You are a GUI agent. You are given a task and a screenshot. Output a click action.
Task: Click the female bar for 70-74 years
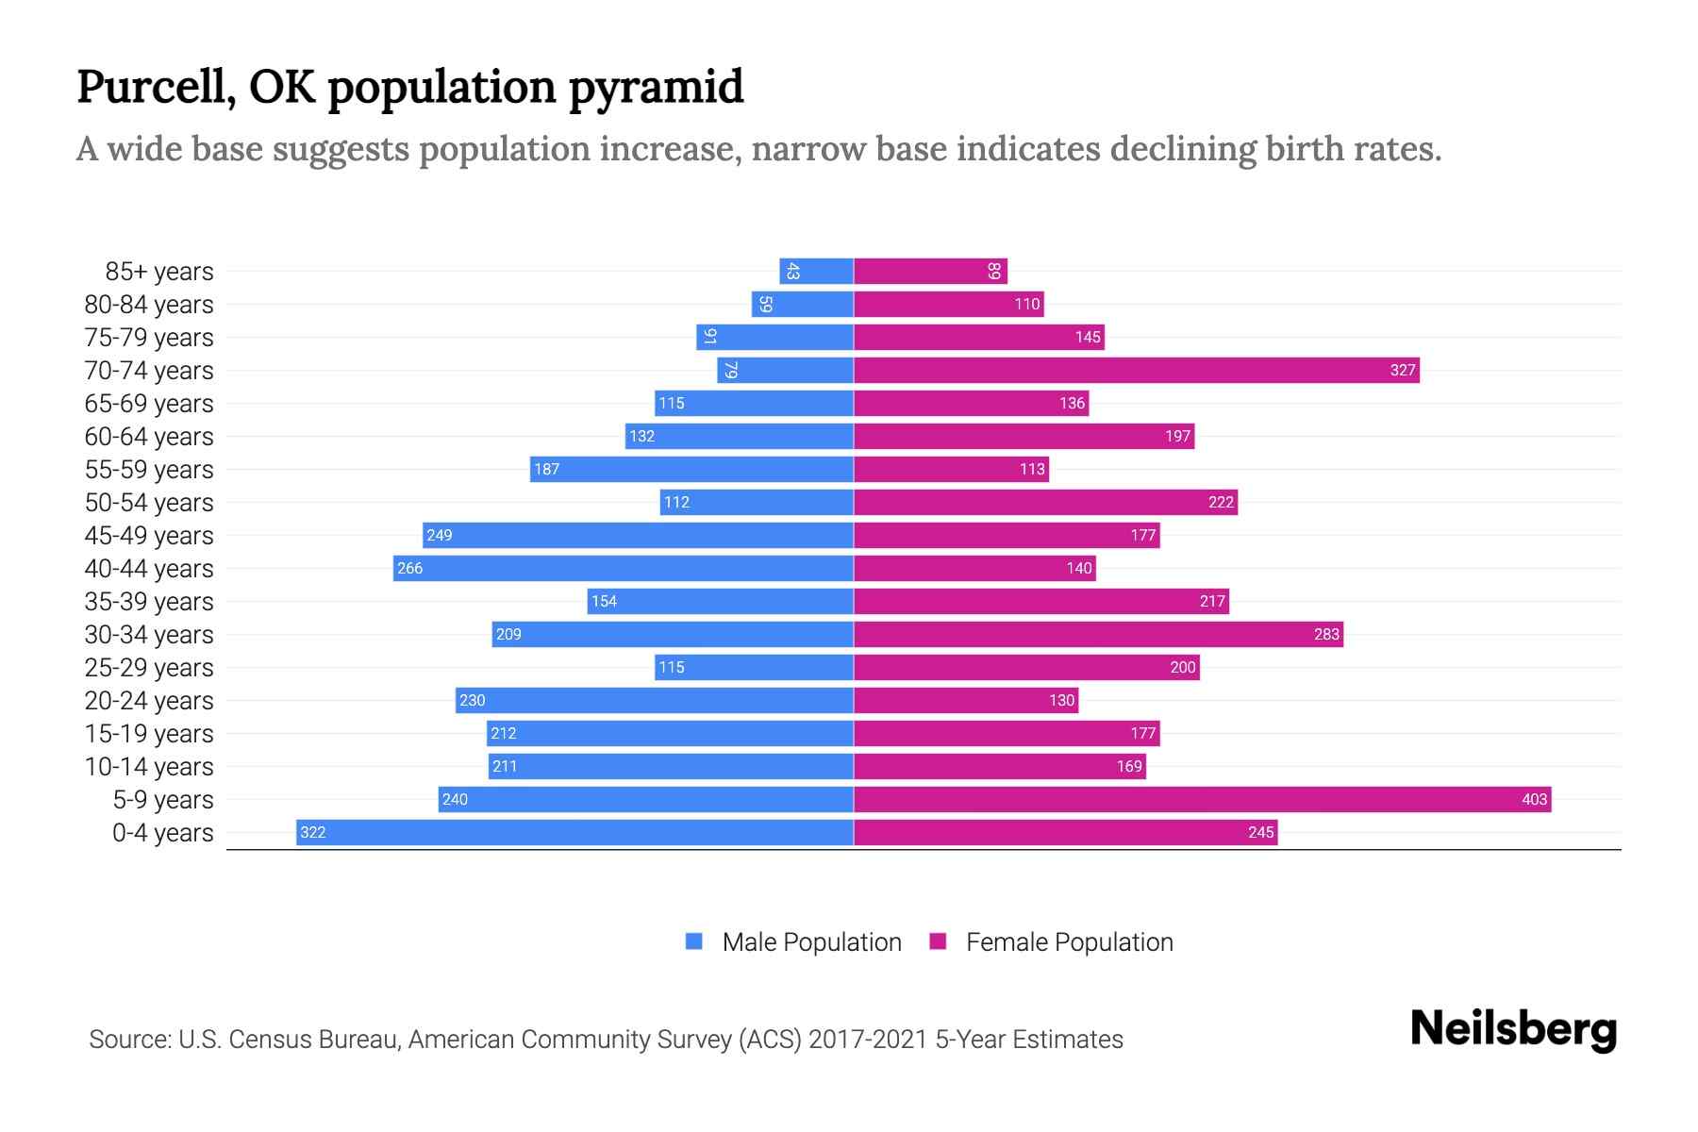pyautogui.click(x=1136, y=370)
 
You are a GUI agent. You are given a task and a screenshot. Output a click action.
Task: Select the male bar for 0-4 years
pyautogui.click(x=575, y=832)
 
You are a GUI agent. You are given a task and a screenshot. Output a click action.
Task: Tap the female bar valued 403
pyautogui.click(x=1202, y=799)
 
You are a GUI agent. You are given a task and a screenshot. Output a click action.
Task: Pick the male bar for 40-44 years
pyautogui.click(x=624, y=568)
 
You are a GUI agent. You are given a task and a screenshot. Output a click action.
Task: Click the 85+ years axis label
pyautogui.click(x=158, y=272)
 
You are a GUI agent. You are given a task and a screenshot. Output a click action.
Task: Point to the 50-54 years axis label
pyautogui.click(x=149, y=503)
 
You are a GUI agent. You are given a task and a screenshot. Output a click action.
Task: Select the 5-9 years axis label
pyautogui.click(x=162, y=800)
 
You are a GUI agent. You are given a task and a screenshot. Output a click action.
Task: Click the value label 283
pyautogui.click(x=1326, y=634)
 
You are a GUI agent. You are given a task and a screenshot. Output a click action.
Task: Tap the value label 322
pyautogui.click(x=312, y=832)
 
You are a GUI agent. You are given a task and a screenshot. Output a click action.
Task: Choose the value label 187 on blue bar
pyautogui.click(x=546, y=469)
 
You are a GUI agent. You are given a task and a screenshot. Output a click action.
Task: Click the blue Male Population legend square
pyautogui.click(x=694, y=941)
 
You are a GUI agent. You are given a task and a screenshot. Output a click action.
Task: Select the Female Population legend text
pyautogui.click(x=1069, y=942)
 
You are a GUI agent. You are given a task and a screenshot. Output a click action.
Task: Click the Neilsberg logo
pyautogui.click(x=1513, y=1029)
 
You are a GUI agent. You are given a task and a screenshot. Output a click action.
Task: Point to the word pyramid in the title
pyautogui.click(x=656, y=88)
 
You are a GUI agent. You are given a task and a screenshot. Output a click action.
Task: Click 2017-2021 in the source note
pyautogui.click(x=868, y=1040)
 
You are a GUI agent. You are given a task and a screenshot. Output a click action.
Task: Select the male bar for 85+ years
pyautogui.click(x=816, y=271)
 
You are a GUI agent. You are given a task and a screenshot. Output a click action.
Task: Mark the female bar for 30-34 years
pyautogui.click(x=1098, y=634)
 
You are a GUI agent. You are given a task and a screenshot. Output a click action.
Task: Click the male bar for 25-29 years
pyautogui.click(x=754, y=667)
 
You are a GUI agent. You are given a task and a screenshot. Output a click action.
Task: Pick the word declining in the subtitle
pyautogui.click(x=1183, y=149)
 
